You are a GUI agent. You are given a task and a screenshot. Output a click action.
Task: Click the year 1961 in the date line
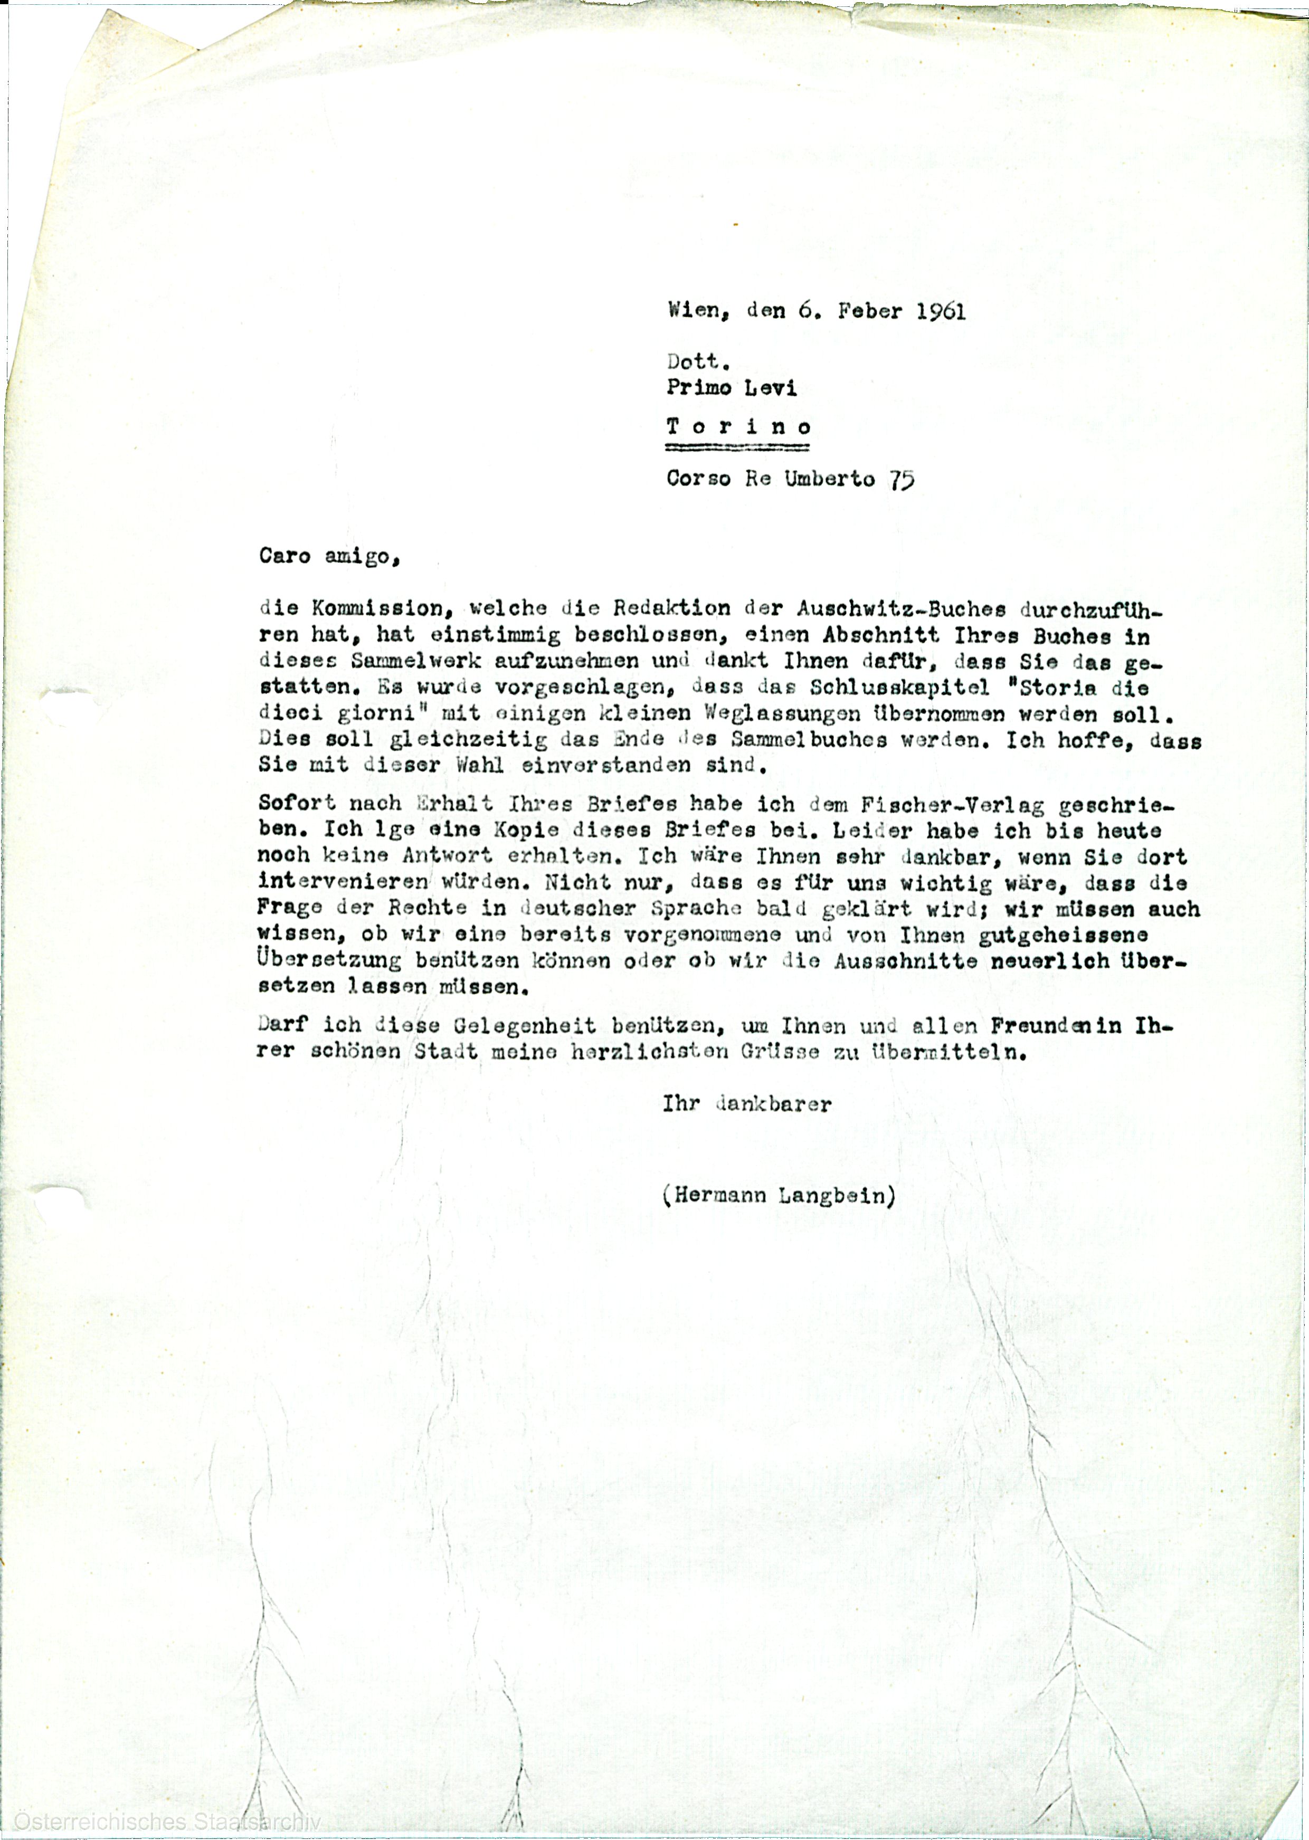pos(941,312)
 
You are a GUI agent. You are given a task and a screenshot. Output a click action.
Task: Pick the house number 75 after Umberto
pos(902,480)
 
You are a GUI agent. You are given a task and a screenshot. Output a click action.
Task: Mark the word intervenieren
pos(344,883)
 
